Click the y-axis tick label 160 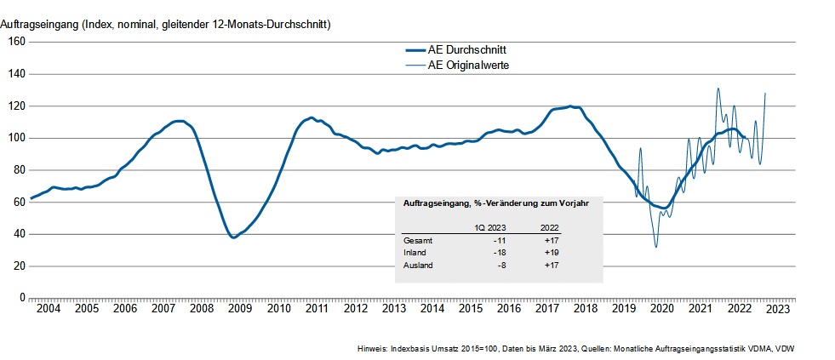14,42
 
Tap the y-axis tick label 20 17,266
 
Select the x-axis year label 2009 240,309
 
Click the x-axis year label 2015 470,309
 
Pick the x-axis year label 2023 776,309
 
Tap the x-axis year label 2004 49,309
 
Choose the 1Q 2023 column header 491,227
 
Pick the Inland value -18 500,253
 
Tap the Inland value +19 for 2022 552,253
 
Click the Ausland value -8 502,266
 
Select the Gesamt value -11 500,241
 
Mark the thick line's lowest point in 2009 234,237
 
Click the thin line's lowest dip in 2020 655,247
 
